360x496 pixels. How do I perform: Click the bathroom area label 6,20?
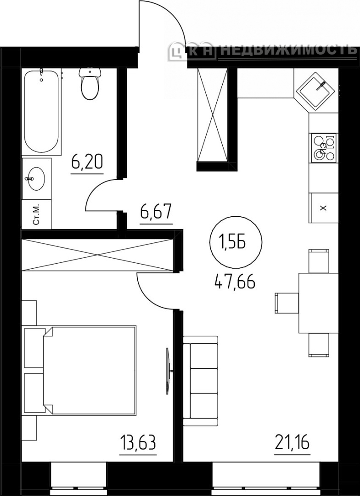[87, 163]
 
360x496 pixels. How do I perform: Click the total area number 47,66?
[235, 281]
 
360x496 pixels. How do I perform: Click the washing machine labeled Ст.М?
[36, 214]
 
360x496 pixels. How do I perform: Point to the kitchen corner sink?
[315, 90]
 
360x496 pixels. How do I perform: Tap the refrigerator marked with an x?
[323, 208]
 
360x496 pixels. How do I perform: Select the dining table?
[319, 303]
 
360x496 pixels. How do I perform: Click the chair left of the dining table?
[287, 303]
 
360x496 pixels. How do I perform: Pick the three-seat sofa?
[201, 381]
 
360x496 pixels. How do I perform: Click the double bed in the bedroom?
[80, 370]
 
